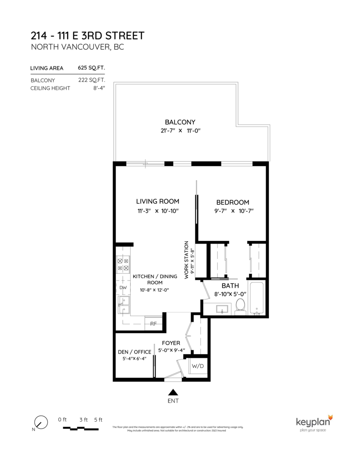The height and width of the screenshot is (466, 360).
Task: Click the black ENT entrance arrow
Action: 173,392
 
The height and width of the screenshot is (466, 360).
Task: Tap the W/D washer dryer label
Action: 198,366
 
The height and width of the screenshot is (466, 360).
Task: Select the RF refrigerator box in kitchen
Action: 153,323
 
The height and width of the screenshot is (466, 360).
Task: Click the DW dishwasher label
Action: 123,288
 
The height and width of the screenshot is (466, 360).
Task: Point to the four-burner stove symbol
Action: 123,264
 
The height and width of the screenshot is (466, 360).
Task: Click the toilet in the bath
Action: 240,305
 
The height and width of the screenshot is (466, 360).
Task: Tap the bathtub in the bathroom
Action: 257,298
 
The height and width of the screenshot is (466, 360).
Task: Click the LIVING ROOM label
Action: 157,201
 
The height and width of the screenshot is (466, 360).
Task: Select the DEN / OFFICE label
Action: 134,352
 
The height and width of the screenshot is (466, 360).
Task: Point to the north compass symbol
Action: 40,423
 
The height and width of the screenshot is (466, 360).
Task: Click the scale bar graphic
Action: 80,428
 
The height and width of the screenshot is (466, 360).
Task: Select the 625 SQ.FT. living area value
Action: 91,68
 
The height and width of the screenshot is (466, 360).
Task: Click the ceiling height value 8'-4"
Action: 99,88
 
